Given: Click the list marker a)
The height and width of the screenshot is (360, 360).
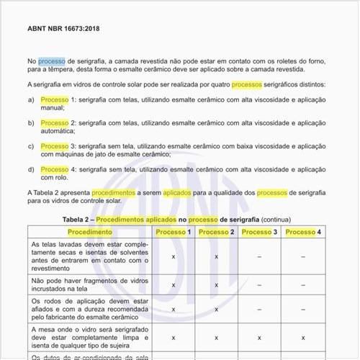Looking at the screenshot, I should tap(31, 99).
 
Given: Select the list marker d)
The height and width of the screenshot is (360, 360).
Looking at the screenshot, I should tap(31, 169).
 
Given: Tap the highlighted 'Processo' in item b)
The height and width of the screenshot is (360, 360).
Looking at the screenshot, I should tap(55, 123).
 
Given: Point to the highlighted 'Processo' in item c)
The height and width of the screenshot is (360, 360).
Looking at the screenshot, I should tap(55, 146).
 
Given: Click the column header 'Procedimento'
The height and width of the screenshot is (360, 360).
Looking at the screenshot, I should tap(89, 233).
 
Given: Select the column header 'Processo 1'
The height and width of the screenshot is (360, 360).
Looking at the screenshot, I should tap(174, 233).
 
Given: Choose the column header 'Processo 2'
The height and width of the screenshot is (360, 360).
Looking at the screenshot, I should tap(217, 233).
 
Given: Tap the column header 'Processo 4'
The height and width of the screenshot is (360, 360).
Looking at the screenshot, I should tap(303, 233).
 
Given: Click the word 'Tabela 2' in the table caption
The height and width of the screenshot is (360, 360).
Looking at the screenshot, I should tap(78, 218).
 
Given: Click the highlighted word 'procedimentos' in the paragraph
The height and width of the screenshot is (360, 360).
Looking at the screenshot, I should tap(113, 193).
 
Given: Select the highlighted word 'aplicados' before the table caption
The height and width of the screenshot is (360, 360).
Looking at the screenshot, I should tap(177, 193).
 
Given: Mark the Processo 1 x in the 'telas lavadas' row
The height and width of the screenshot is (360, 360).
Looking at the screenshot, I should tap(174, 256).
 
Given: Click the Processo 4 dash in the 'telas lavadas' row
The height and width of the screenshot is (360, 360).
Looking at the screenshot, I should tap(303, 256).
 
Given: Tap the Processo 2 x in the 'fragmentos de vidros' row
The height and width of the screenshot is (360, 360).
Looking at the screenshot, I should tap(217, 284).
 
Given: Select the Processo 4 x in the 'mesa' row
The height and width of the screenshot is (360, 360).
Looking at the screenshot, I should tap(303, 337).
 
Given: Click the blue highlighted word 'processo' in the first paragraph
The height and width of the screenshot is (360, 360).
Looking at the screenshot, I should tap(51, 62).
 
